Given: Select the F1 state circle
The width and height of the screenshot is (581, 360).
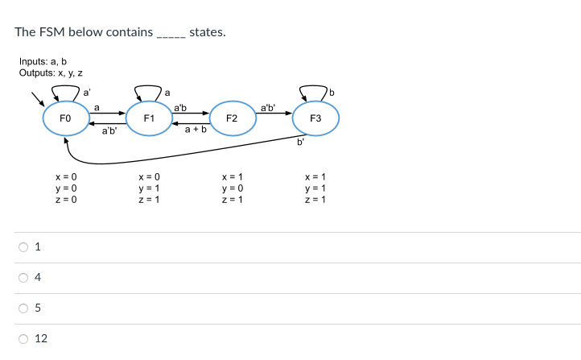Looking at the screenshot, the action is pyautogui.click(x=149, y=119).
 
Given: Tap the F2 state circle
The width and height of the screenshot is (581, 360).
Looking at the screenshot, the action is pyautogui.click(x=232, y=119).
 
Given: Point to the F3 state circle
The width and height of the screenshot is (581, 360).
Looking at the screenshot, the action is pyautogui.click(x=315, y=119).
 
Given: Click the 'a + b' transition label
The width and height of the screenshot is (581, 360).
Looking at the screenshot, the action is pyautogui.click(x=196, y=129).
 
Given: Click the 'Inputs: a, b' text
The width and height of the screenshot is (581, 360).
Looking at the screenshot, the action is pyautogui.click(x=43, y=62).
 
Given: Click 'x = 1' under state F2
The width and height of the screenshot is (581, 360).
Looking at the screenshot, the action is pyautogui.click(x=232, y=177).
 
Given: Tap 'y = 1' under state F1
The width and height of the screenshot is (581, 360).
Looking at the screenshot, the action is pyautogui.click(x=150, y=188).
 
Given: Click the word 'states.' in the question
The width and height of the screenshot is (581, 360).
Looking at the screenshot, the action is pyautogui.click(x=208, y=32).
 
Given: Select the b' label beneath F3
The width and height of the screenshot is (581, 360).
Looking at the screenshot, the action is pyautogui.click(x=300, y=144).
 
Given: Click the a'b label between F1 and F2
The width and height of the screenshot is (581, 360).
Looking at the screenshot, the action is pyautogui.click(x=180, y=107).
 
